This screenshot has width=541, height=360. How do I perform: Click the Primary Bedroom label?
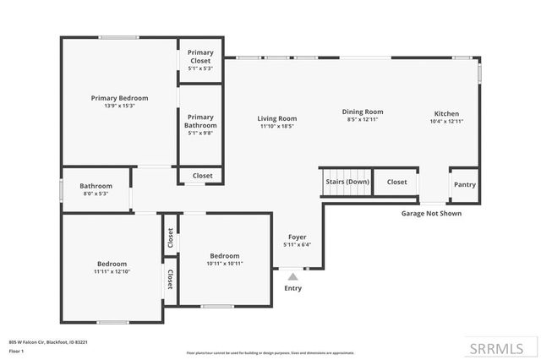[119, 98]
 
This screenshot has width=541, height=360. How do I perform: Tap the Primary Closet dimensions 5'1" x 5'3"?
[199, 68]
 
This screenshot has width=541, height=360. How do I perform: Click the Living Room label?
[276, 118]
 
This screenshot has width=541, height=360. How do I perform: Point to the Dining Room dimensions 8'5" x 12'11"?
[363, 120]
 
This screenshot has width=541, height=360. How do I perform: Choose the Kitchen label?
[446, 113]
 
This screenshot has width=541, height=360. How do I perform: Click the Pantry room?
[464, 184]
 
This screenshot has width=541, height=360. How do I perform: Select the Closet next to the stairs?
[396, 182]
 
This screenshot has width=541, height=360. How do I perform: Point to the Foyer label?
[297, 237]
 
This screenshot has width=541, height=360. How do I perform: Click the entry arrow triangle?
[292, 275]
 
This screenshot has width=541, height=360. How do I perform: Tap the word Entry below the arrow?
[292, 288]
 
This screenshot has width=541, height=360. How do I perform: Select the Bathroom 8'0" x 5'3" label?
[96, 186]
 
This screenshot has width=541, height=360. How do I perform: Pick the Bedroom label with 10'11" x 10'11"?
[225, 256]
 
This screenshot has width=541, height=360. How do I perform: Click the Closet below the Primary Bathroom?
[202, 176]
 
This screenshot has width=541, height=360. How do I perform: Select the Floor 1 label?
[16, 350]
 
